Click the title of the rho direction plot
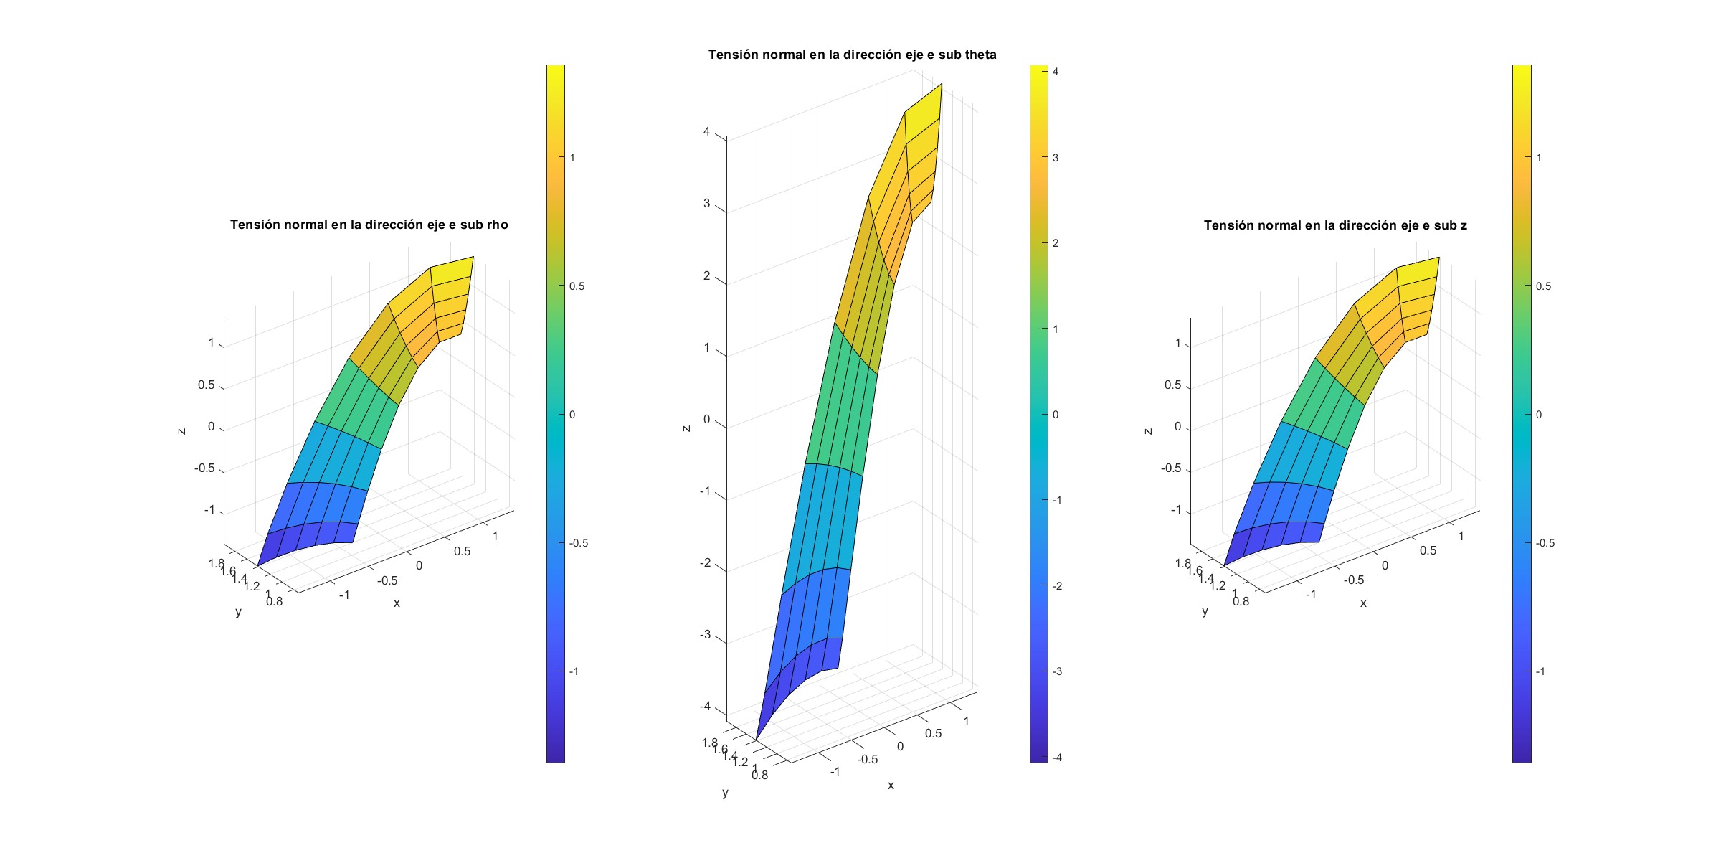[369, 225]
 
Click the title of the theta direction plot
[852, 55]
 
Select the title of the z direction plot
[1335, 225]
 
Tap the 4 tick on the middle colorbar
[1056, 72]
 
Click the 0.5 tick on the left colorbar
[577, 286]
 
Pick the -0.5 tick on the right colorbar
[1545, 543]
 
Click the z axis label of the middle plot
[686, 428]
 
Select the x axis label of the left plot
[397, 603]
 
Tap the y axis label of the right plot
[1205, 611]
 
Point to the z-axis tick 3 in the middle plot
[706, 204]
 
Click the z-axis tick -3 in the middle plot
[705, 635]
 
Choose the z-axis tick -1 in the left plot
[209, 510]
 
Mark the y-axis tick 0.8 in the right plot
[1241, 601]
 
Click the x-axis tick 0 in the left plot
[419, 566]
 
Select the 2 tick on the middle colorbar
[1056, 243]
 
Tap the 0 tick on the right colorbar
[1538, 415]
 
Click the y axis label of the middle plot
[725, 793]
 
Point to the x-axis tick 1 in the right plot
[1461, 536]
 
